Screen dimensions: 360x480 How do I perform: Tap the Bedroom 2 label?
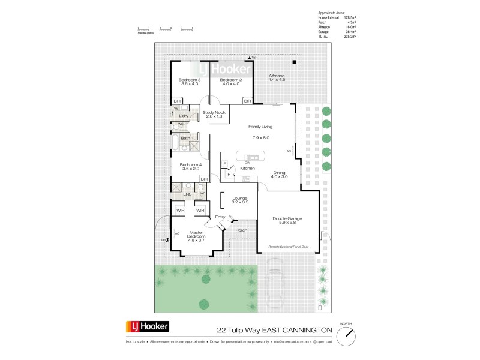[230, 80]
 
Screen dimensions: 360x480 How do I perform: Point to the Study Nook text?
[214, 114]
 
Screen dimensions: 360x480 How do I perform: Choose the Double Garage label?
[287, 219]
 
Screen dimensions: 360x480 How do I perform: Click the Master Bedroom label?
[198, 235]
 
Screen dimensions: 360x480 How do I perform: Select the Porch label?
[241, 230]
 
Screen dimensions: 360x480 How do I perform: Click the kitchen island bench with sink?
[248, 158]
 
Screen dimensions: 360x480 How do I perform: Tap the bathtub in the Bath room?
[175, 142]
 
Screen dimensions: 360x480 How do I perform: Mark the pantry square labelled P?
[229, 174]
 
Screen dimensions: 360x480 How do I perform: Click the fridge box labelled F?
[225, 164]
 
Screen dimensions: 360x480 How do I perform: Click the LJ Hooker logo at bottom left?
[147, 327]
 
